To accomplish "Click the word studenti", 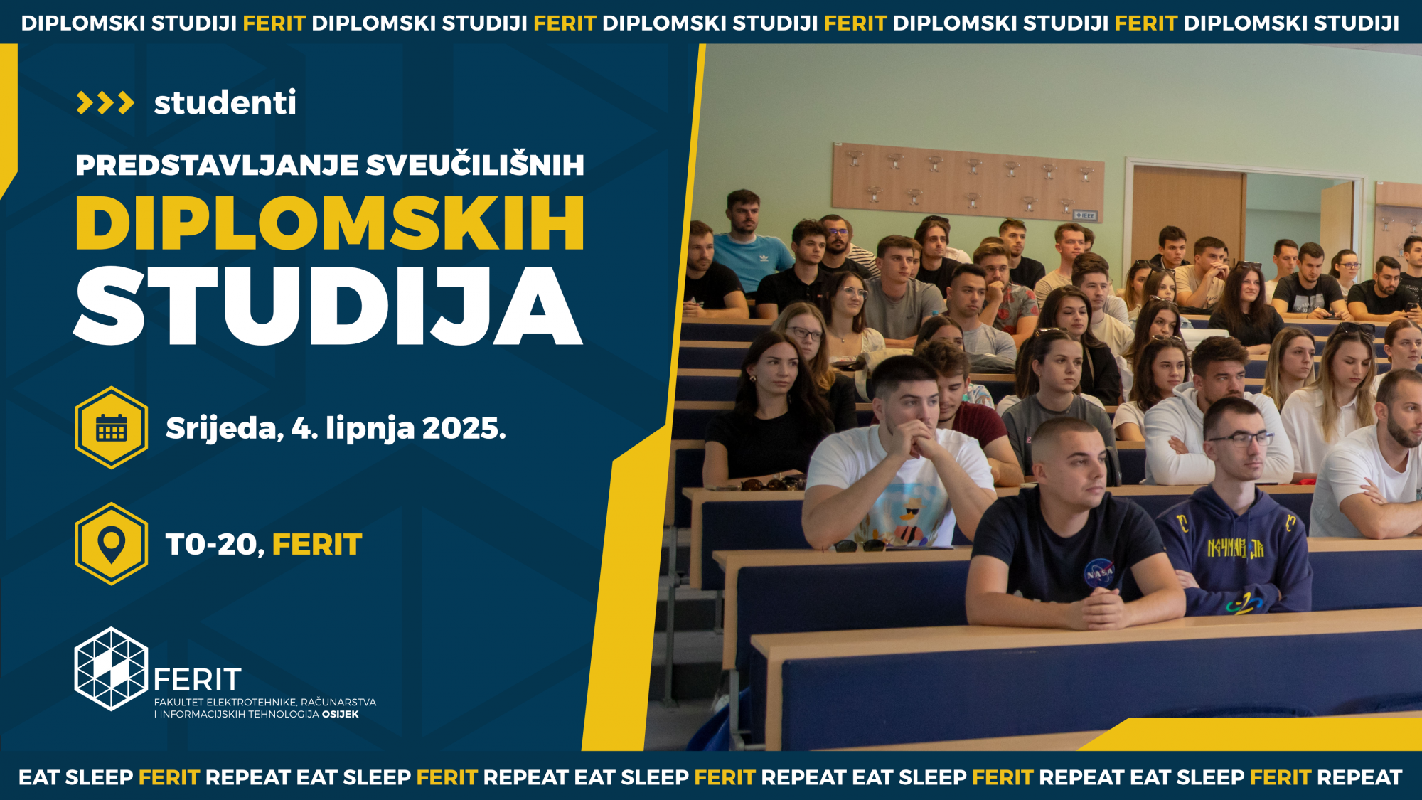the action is (x=225, y=103).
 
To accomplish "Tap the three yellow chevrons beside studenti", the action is (x=105, y=103).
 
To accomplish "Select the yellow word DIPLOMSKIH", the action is (x=330, y=223).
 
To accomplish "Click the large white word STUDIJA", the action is (x=328, y=306).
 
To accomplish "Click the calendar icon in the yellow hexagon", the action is (x=112, y=427).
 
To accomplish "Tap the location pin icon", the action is (x=112, y=545).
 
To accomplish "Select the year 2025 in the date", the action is (x=464, y=428).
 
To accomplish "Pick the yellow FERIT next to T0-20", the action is (x=317, y=545).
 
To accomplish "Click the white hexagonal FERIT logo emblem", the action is (x=112, y=668).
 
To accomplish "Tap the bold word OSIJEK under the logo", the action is (x=341, y=714).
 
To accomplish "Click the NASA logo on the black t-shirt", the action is (x=1098, y=572).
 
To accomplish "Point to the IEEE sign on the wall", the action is (x=1085, y=215).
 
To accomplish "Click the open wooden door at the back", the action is (x=1188, y=213).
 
